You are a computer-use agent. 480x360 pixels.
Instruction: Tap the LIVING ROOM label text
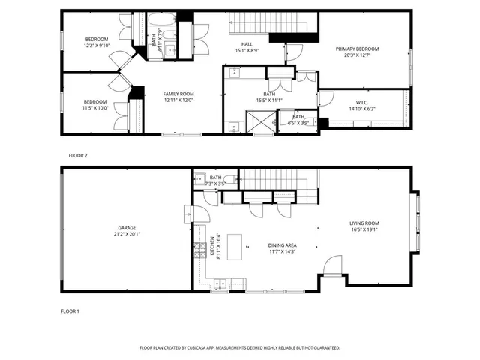(x=364, y=223)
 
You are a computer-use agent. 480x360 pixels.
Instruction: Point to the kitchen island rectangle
(x=239, y=244)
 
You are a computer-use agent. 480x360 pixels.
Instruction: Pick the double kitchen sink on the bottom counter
(x=220, y=283)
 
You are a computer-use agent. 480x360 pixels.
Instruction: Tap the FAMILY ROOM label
(x=178, y=94)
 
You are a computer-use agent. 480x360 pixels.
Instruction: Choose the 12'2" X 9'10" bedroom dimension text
(x=96, y=46)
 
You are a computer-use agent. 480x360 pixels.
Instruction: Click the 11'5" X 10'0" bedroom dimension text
(x=95, y=108)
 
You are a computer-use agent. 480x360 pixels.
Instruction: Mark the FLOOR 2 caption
(x=78, y=155)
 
